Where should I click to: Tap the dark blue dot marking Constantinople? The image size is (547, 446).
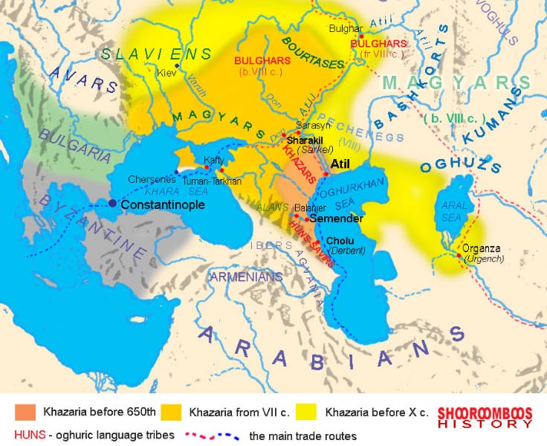pos(112,203)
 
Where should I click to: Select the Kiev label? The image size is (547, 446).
pos(166,74)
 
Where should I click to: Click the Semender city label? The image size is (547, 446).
pos(336,219)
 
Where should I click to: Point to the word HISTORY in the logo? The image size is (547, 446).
pos(485,424)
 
